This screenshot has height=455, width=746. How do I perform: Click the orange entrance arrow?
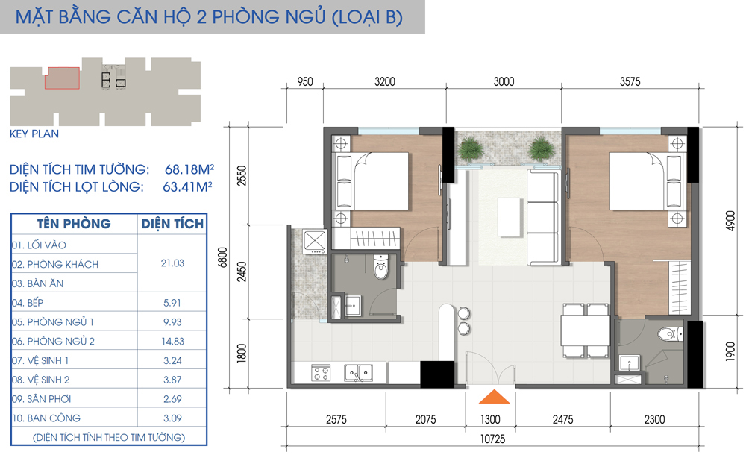coord(490,398)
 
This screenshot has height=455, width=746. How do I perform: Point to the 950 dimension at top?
coord(304,83)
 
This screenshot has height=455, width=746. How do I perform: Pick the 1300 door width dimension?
coord(490,420)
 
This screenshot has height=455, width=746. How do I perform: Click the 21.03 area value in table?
coord(172,263)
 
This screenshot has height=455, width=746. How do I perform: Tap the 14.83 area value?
coord(172,341)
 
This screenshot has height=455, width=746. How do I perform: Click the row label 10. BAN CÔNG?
coord(46,418)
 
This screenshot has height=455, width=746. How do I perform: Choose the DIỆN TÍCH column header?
coord(172,224)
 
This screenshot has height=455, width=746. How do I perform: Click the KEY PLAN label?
coord(34,135)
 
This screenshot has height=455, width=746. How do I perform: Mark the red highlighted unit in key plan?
coord(63,78)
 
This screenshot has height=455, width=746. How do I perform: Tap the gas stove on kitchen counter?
coord(321,371)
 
